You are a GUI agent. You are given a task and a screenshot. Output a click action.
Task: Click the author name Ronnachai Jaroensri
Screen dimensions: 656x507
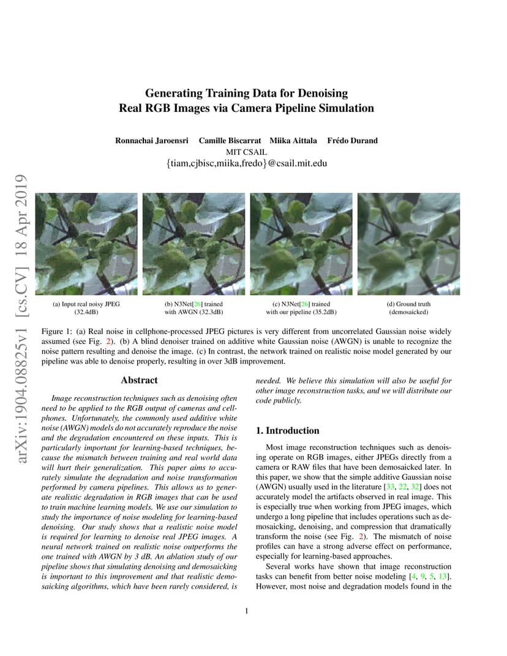coord(152,141)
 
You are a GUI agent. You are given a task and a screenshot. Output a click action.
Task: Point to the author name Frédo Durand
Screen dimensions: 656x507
coord(353,141)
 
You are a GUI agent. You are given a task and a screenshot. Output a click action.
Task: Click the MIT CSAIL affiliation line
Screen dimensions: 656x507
coord(246,152)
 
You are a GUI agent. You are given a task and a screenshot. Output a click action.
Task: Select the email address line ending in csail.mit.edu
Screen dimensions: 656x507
coord(246,163)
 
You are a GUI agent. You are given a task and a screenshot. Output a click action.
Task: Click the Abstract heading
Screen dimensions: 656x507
coord(139,380)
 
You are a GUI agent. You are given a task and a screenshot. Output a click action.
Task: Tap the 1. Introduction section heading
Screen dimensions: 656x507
coord(287,431)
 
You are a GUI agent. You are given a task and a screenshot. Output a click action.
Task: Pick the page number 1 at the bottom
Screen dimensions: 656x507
coord(246,610)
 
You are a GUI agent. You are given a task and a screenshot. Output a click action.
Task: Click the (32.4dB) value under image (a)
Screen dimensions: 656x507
coord(86,312)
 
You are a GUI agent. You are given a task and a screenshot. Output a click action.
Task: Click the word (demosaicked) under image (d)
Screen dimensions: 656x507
coord(408,312)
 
